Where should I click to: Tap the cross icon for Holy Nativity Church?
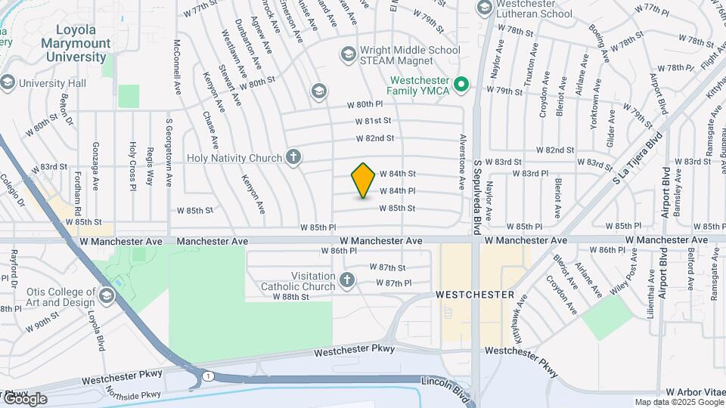coord(293,157)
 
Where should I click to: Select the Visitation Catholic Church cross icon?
coord(347,280)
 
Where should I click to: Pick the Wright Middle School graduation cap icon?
coord(348,53)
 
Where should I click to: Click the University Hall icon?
coord(8,82)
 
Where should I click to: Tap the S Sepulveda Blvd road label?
coord(477,196)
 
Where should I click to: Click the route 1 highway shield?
coord(206,376)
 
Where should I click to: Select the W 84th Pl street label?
coord(397,191)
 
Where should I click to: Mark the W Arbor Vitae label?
coord(694,393)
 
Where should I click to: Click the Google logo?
coord(24,399)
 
